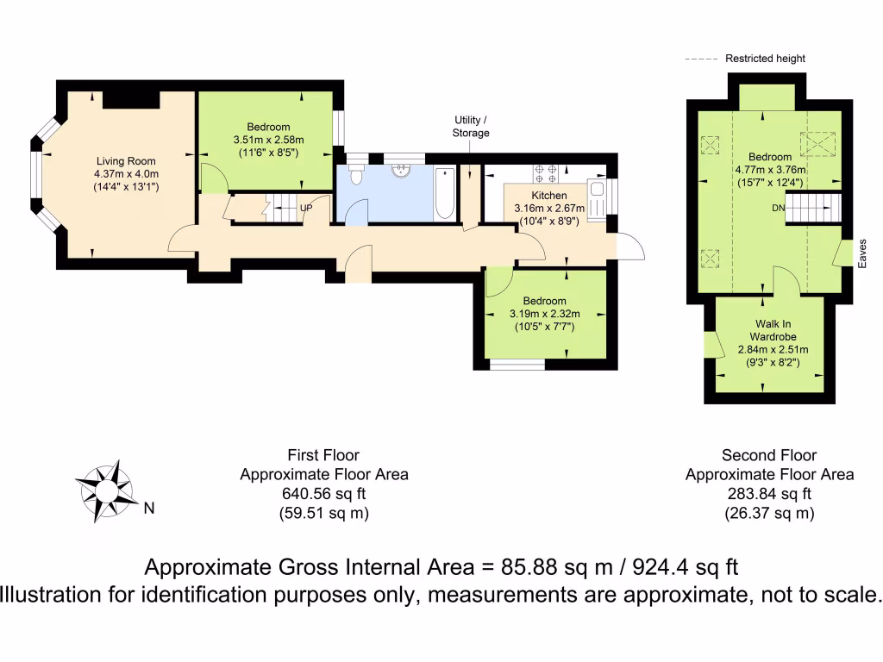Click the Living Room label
(x=119, y=160)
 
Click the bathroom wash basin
(x=399, y=170)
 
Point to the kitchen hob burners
(x=546, y=174)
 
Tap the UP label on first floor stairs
(x=306, y=208)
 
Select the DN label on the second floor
(x=779, y=208)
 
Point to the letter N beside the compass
(x=148, y=509)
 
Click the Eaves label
(x=861, y=254)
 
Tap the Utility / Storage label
(x=471, y=126)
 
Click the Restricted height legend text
(x=765, y=59)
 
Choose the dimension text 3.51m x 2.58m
(x=268, y=140)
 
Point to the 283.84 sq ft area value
(x=769, y=494)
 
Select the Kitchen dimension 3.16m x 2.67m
(x=549, y=208)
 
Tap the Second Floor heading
(x=769, y=455)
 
